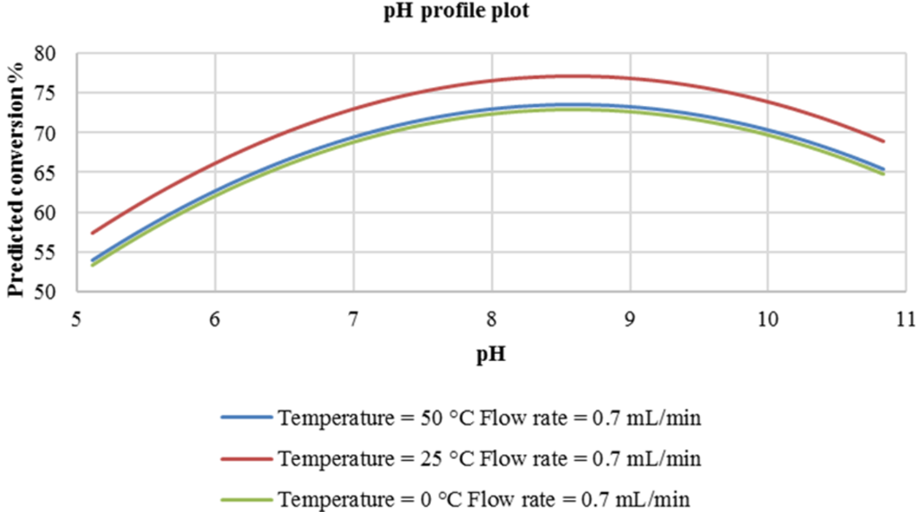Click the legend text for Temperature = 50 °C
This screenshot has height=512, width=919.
point(489,418)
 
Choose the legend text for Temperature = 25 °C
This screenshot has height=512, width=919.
point(489,459)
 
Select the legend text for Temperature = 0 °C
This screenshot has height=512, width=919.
point(485,499)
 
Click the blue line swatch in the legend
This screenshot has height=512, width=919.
point(245,418)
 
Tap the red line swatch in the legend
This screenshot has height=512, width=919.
point(245,459)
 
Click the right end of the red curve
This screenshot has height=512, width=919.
point(884,141)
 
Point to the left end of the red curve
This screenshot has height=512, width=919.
point(92,233)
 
